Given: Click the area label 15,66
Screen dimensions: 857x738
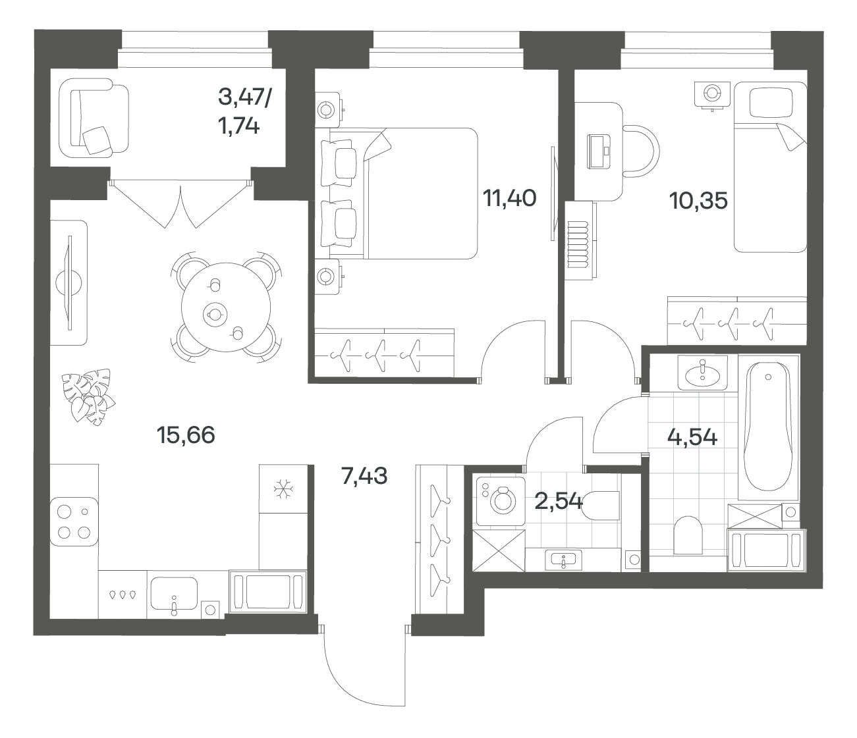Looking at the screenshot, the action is point(186,435).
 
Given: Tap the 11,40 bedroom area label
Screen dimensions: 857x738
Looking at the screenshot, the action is point(510,198).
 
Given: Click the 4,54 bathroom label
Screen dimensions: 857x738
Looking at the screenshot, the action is point(692,437).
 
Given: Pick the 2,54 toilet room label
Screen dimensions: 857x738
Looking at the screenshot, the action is point(559,502).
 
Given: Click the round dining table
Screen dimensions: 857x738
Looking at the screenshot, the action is point(226,307).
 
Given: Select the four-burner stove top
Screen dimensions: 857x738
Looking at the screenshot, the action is point(74,521).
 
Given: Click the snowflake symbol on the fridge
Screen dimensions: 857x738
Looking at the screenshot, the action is point(284,489).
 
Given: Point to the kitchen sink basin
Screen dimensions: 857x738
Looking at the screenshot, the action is point(174,593).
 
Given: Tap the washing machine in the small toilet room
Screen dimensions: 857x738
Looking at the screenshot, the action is point(501,502).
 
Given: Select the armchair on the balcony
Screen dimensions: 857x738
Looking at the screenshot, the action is point(94,118).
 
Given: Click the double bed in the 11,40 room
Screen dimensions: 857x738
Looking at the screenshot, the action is point(400,194).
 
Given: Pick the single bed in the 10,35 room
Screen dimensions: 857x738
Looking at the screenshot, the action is point(770,167).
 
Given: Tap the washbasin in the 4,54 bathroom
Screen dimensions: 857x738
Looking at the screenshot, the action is point(702,372).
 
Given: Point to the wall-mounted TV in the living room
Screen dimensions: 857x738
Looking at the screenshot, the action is point(69,282).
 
